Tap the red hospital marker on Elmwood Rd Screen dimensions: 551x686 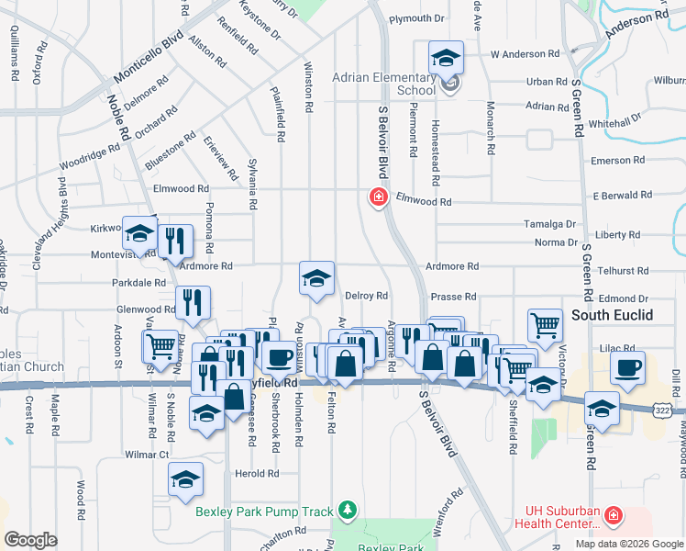pos(377,197)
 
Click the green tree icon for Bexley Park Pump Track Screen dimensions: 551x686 pos(346,509)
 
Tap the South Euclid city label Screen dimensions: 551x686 pos(612,315)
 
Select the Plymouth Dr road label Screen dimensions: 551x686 pos(416,18)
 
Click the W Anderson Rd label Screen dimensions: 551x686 pos(525,55)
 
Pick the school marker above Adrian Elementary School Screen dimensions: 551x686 pos(447,59)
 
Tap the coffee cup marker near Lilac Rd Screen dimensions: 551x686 pos(627,368)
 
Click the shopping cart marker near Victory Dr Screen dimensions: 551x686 pos(545,324)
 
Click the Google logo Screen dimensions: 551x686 pos(30,540)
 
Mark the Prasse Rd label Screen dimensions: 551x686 pos(453,297)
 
